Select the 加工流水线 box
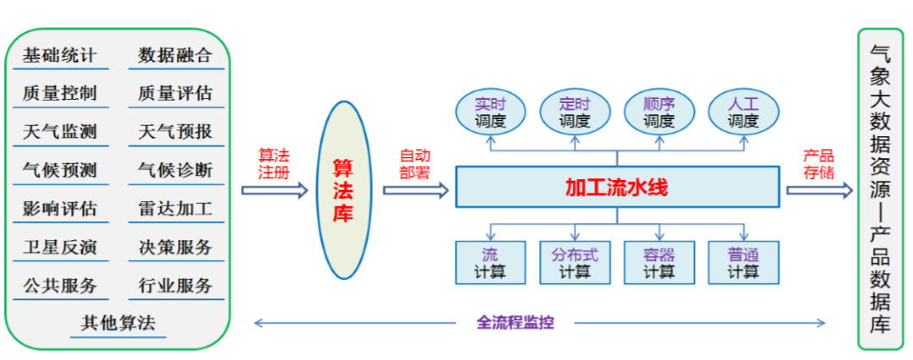(617, 188)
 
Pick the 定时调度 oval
(575, 113)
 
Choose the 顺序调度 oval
(659, 113)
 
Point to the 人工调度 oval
(744, 113)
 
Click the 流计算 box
(490, 263)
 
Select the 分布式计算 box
(575, 263)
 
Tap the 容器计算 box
(659, 263)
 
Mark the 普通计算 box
(744, 263)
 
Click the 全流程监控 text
(515, 322)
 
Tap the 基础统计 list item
(59, 56)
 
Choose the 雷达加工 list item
(175, 209)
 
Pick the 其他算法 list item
(118, 323)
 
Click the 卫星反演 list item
(59, 247)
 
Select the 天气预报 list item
(175, 132)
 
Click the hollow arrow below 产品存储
(819, 190)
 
